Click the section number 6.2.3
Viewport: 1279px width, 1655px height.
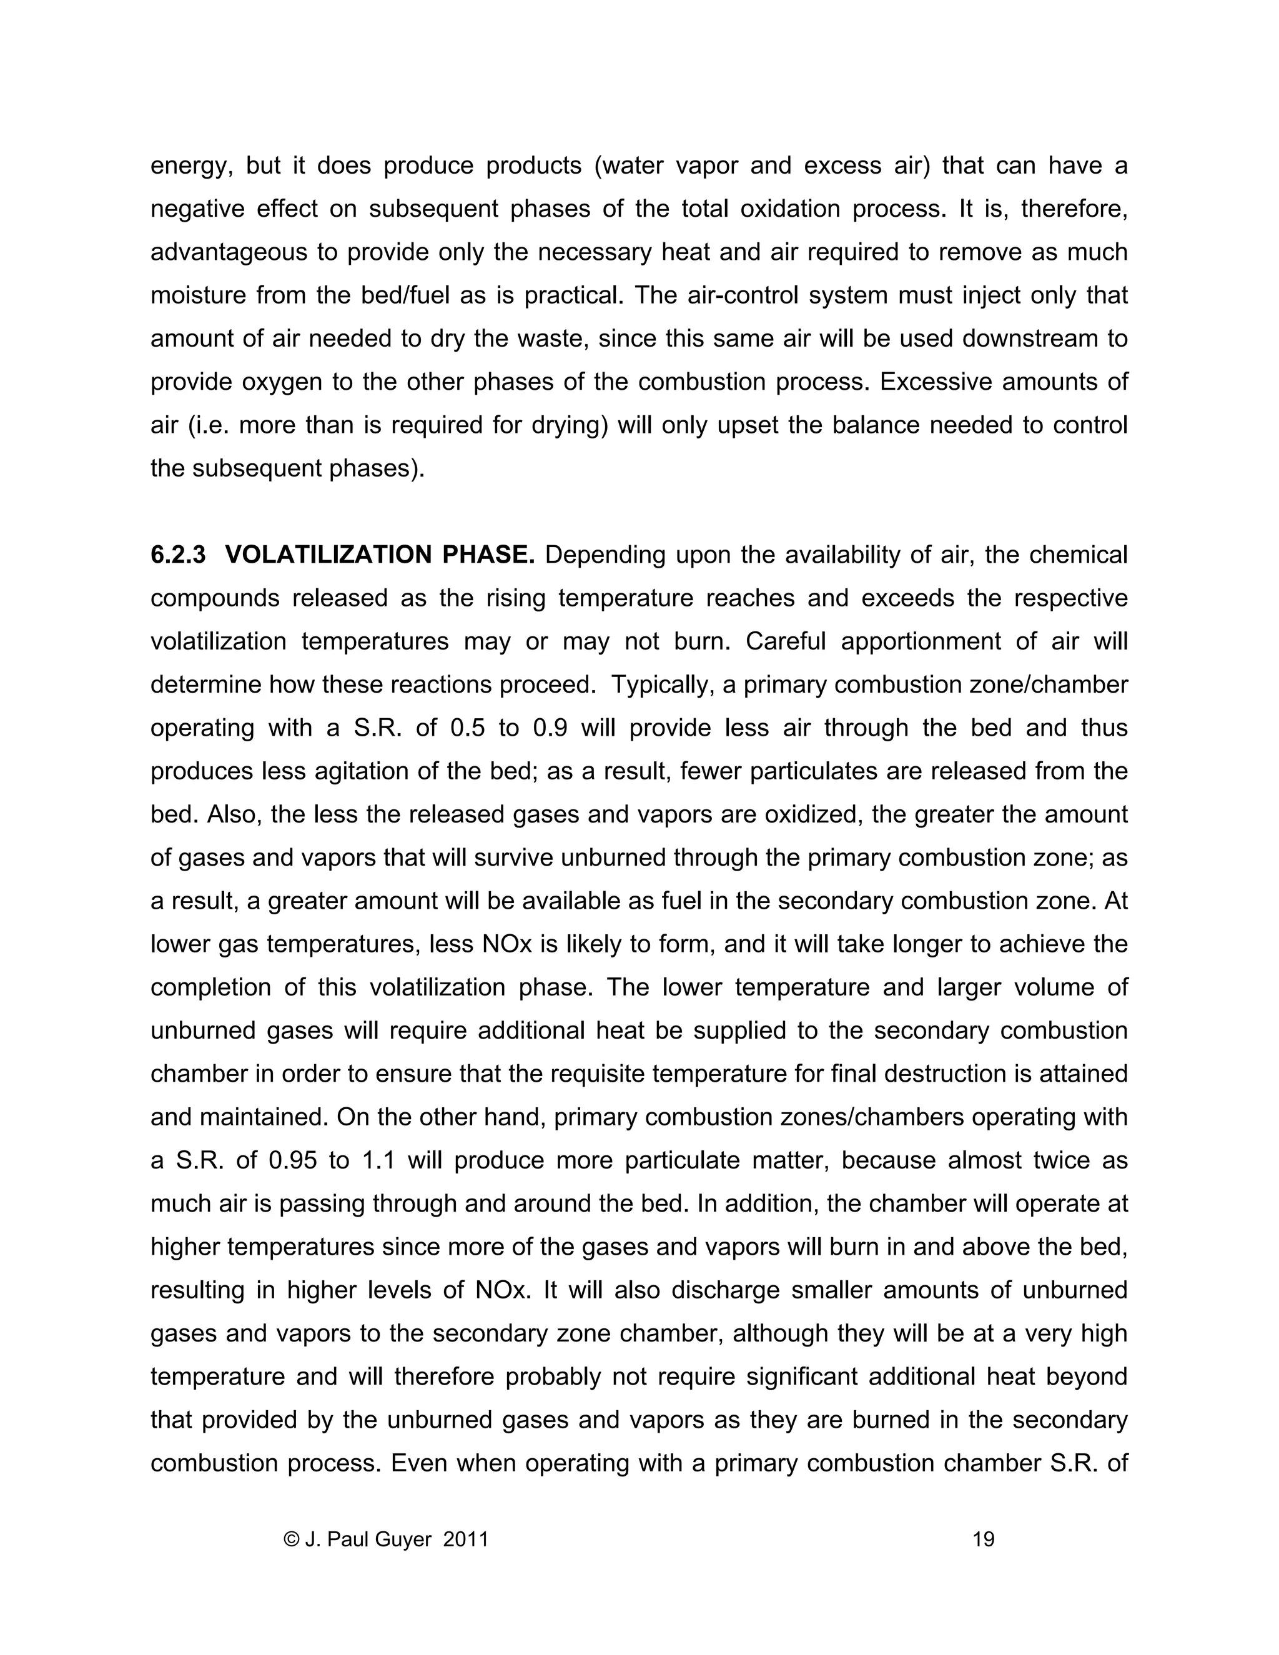coord(178,555)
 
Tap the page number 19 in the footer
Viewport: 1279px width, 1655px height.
coord(983,1539)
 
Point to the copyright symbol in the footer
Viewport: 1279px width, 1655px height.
coord(291,1539)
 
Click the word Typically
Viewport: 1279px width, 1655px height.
coord(661,684)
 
